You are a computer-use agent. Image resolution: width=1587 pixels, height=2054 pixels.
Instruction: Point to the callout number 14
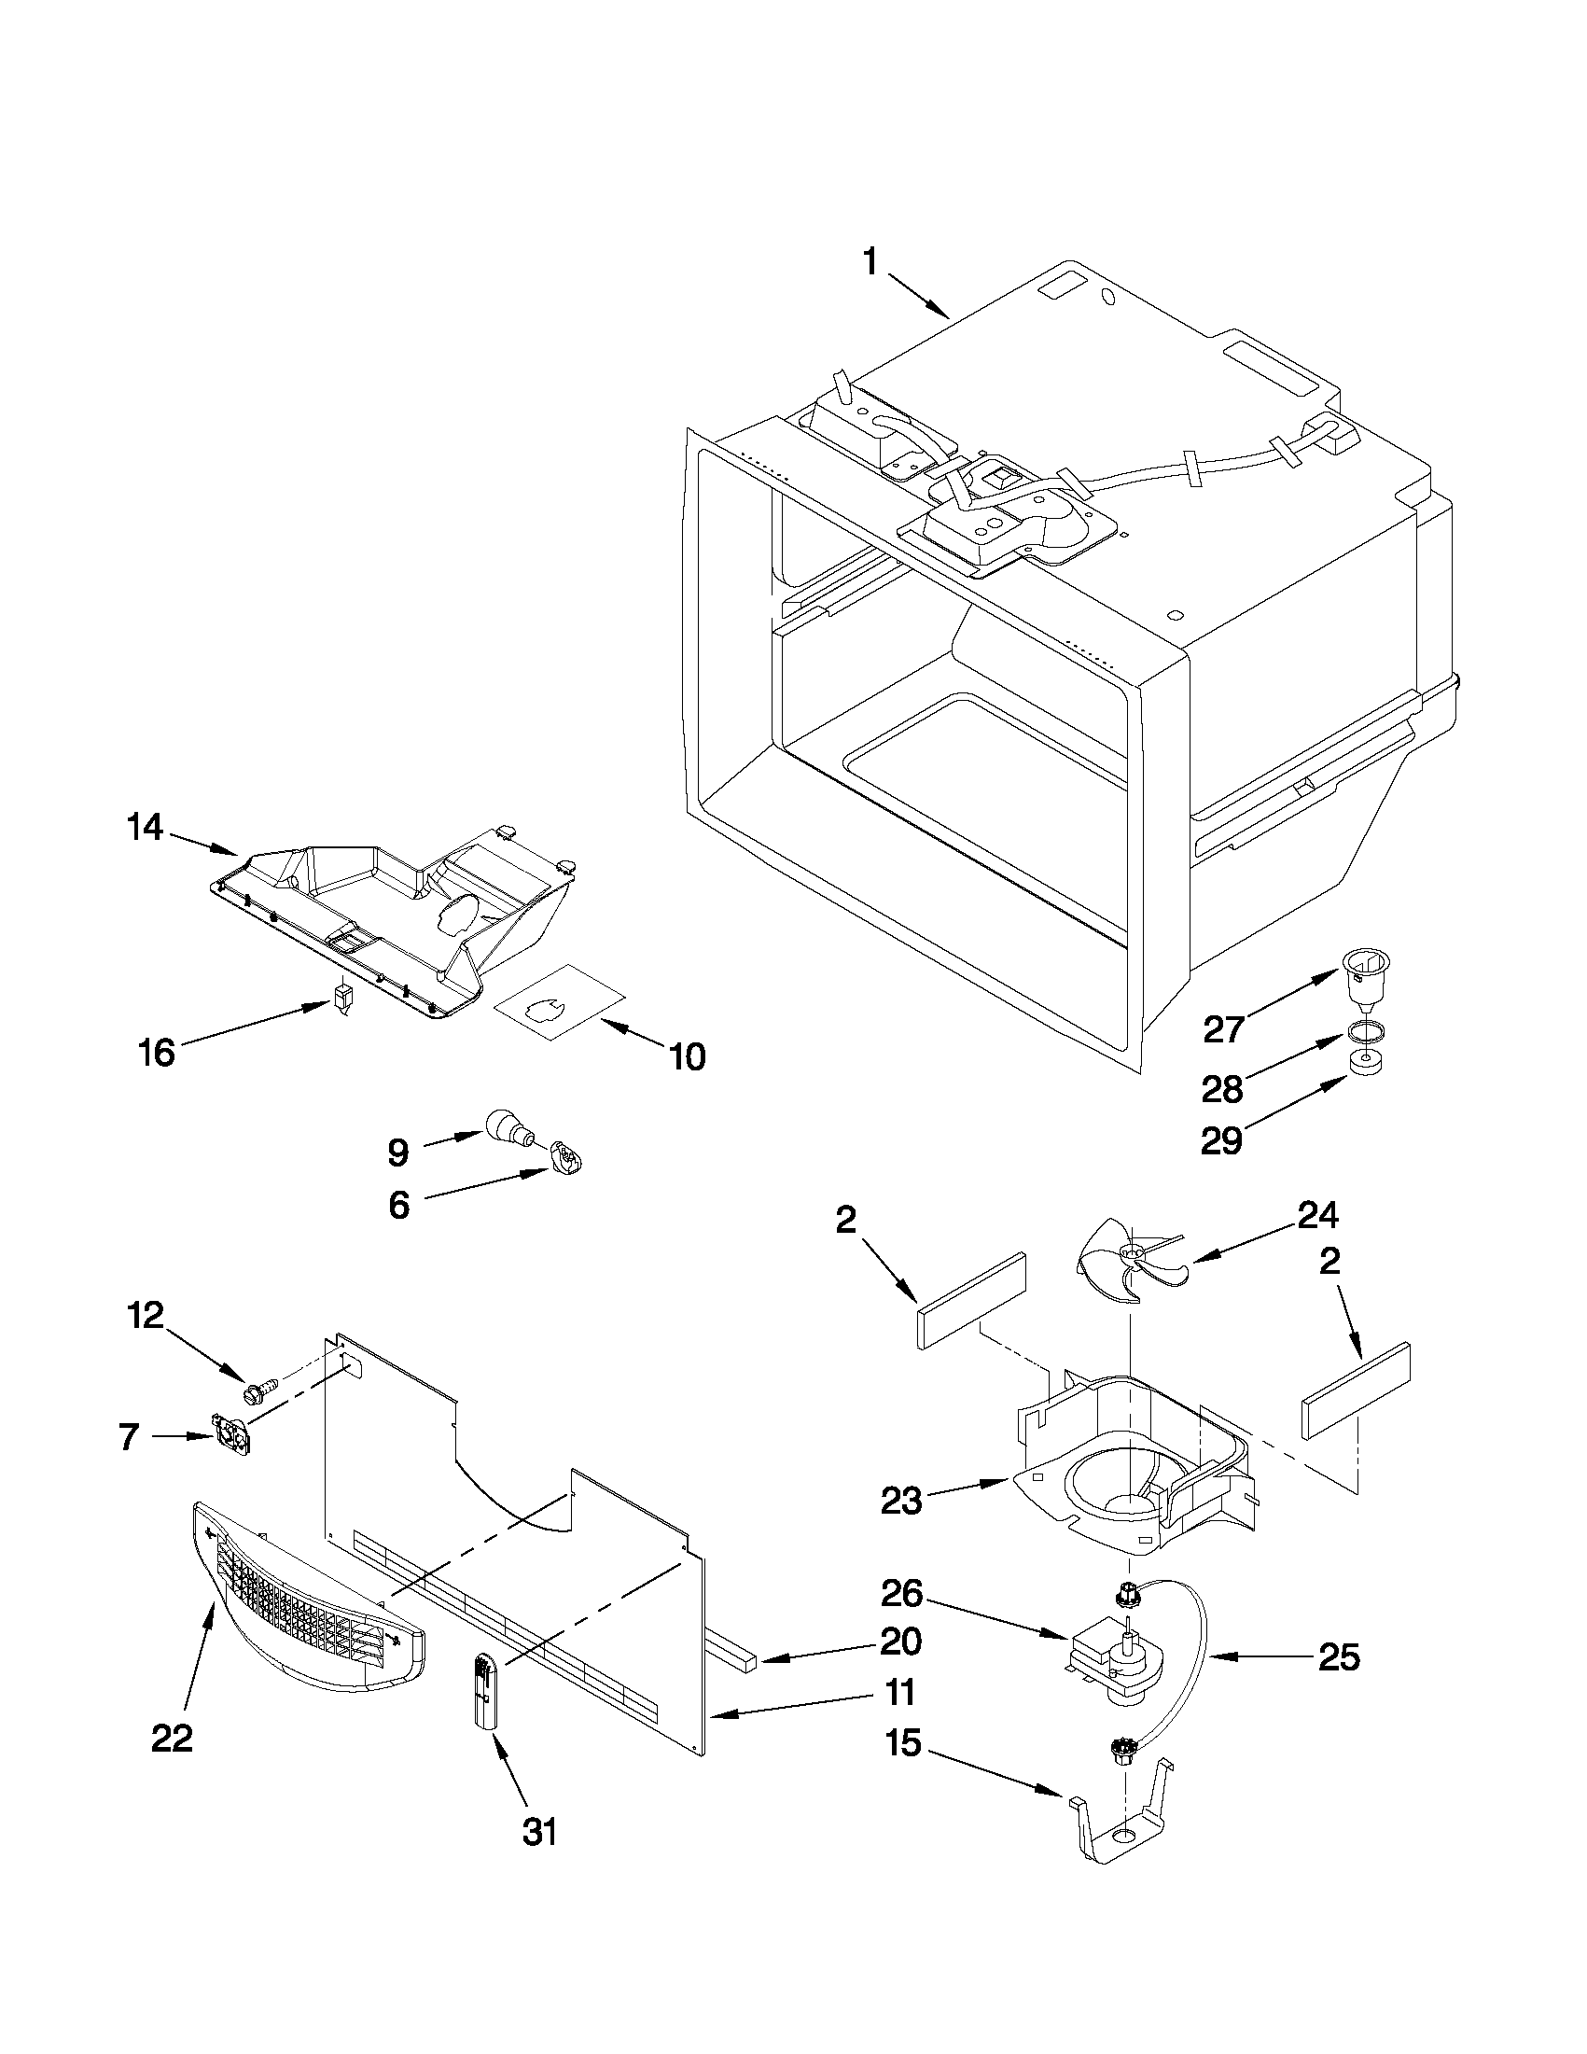coord(146,828)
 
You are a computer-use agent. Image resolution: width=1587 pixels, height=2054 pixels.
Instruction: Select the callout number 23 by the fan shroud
coord(900,1502)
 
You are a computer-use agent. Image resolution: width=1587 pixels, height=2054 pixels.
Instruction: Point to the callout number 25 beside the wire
coord(1339,1658)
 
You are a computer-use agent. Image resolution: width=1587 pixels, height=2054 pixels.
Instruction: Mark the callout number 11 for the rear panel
coord(899,1693)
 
